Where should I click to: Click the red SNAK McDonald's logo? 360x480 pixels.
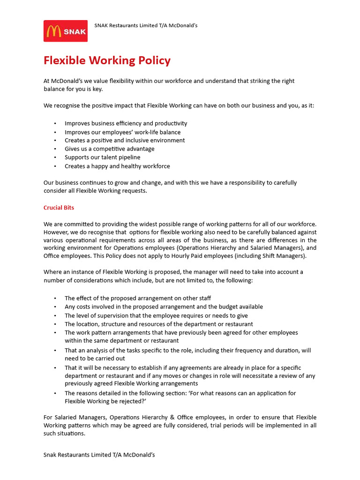[66, 31]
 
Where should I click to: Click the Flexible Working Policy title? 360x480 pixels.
[107, 60]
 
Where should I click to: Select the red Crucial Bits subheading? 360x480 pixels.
[59, 207]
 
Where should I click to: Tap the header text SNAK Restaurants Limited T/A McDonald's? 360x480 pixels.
[146, 25]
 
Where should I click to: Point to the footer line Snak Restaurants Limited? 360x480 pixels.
[99, 455]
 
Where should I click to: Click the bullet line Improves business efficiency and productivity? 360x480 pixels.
[126, 123]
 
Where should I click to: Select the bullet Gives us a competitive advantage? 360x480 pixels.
[109, 149]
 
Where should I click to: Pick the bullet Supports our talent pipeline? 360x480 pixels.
[102, 157]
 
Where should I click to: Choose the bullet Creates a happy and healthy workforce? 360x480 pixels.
[117, 166]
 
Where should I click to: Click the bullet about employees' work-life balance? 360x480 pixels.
[122, 132]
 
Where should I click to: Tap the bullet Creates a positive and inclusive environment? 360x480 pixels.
[125, 140]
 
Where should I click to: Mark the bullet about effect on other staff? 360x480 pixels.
[138, 298]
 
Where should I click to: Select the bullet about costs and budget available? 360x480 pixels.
[164, 307]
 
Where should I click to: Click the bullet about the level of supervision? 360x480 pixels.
[156, 315]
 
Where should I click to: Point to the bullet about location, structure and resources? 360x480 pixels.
[158, 324]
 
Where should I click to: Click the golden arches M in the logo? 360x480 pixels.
[54, 31]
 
